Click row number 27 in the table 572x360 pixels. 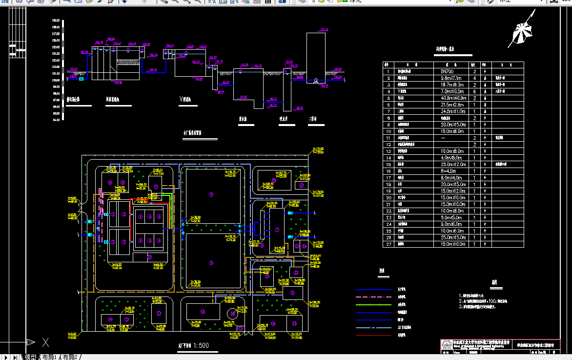point(388,244)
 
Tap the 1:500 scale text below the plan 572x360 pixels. point(201,345)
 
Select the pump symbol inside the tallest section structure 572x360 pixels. point(316,80)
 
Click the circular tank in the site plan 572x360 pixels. point(232,313)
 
